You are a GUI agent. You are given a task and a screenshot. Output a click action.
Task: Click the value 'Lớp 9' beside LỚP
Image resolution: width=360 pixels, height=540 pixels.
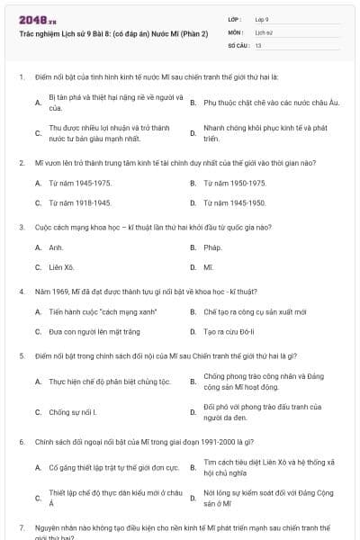coord(262,18)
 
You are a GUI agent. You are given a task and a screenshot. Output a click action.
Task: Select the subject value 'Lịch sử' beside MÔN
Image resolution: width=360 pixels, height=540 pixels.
coord(264,31)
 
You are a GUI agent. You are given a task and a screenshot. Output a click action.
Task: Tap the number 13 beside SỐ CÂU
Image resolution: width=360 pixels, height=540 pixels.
coord(258,44)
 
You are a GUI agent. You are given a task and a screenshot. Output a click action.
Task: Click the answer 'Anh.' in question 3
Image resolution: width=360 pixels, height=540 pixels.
coord(56,247)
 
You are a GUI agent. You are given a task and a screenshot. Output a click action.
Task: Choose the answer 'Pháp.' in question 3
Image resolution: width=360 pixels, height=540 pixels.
coord(212,247)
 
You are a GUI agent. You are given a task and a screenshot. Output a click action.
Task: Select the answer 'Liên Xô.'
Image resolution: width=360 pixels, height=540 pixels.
coord(61,267)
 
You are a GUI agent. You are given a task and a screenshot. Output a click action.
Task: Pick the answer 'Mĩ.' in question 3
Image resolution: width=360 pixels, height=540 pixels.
coord(209,267)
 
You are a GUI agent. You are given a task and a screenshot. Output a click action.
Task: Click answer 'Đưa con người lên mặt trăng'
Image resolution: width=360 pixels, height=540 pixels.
coord(87,331)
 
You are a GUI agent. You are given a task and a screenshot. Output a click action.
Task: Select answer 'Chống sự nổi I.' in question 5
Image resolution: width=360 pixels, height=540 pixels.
coord(72,412)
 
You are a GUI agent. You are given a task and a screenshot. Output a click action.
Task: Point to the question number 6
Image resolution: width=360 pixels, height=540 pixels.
coord(21,442)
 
